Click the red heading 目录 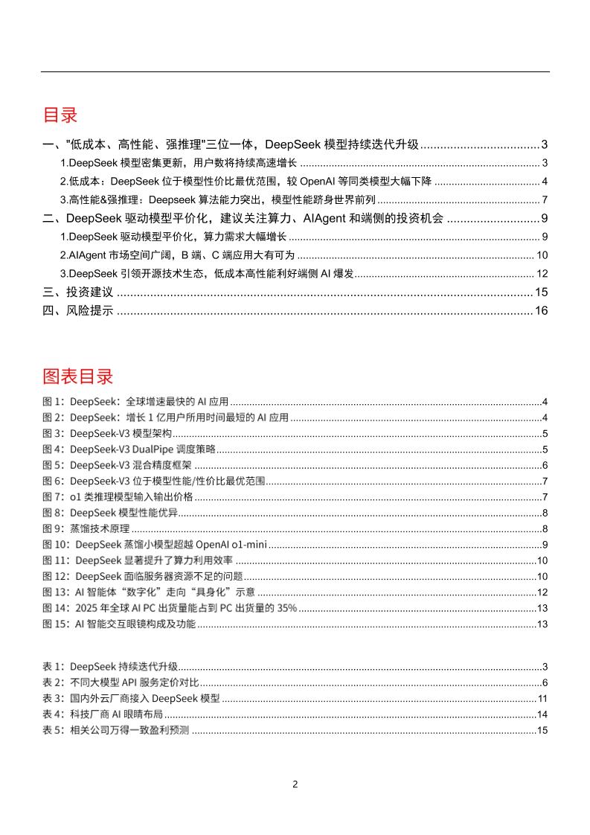coord(60,115)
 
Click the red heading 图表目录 coord(77,375)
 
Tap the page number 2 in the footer coord(295,784)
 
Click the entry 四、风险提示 coord(77,311)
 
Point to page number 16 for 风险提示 coord(541,311)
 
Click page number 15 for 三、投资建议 coord(541,292)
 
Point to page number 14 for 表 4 coord(542,714)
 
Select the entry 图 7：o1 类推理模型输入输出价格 coord(118,496)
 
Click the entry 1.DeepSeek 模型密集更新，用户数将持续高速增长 coord(179,163)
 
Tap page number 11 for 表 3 coord(542,699)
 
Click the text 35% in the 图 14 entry coord(286,608)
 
